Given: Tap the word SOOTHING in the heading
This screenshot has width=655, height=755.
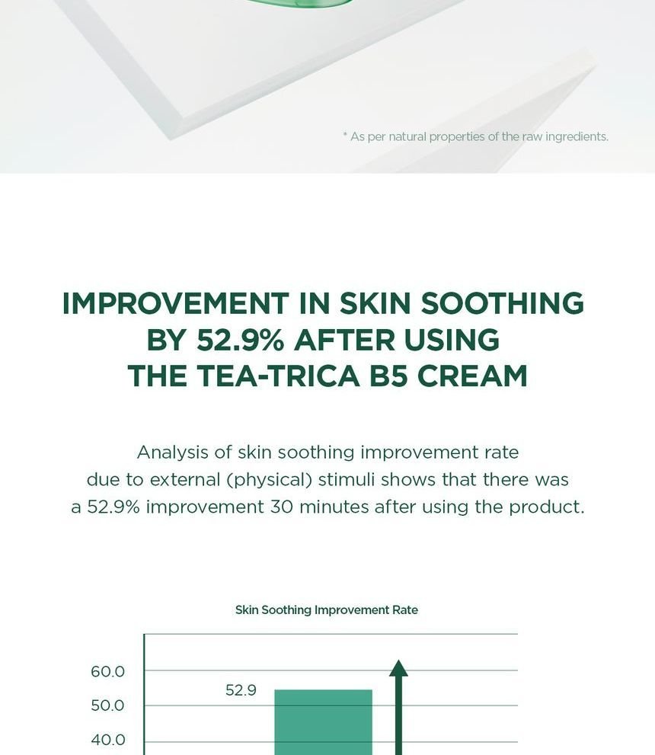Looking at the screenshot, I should [x=503, y=303].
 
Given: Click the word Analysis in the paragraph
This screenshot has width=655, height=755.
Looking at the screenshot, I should [x=172, y=453].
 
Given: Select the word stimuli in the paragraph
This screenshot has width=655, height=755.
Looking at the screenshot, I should [x=346, y=480].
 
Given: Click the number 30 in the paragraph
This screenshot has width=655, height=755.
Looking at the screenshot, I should [x=280, y=507].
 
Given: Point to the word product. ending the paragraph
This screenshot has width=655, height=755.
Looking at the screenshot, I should [x=546, y=507].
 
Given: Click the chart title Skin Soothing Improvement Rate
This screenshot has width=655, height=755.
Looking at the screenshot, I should [x=327, y=609].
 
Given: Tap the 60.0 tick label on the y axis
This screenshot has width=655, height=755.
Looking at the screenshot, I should [x=107, y=672].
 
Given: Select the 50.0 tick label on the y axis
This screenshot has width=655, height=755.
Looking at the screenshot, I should [x=107, y=706].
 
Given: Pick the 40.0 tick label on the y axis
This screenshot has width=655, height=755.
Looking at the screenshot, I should [x=107, y=740].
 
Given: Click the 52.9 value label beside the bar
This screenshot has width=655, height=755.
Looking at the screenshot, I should [x=241, y=690].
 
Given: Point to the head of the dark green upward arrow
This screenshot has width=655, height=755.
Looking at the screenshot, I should [x=398, y=668].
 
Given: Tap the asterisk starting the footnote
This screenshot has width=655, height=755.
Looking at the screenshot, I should [x=344, y=135].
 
